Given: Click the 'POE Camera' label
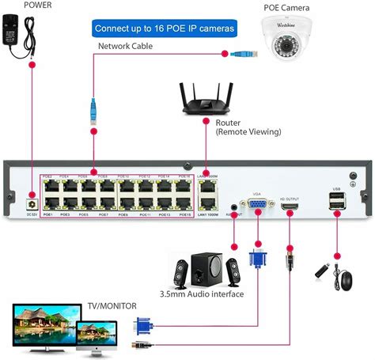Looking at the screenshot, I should point(286,8).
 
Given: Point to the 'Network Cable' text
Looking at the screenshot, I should point(126,47).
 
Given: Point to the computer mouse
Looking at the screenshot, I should point(346,279).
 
